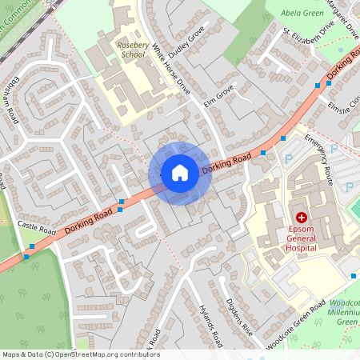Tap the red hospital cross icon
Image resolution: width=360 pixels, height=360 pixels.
click(302, 217)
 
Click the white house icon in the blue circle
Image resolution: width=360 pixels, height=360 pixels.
click(180, 172)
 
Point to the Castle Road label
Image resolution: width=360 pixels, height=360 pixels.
click(36, 228)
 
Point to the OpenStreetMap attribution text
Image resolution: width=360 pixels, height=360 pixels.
click(80, 354)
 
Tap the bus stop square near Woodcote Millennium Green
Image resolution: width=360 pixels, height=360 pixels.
click(354, 276)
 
